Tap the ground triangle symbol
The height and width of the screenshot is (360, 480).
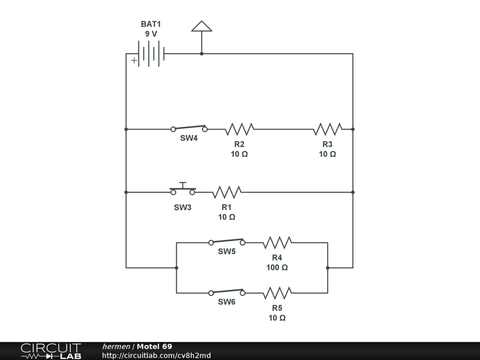pos(202,26)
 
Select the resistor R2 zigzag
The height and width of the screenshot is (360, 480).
pos(239,129)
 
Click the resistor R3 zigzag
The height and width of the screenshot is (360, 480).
pos(328,129)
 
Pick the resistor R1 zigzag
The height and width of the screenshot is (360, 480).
pos(227,192)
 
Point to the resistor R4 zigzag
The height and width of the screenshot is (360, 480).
pos(277,243)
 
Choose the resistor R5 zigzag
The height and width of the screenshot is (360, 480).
pos(277,293)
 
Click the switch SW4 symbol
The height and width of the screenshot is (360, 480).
pos(189,128)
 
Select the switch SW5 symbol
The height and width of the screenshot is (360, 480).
pos(227,242)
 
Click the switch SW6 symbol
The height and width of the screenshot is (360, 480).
pos(227,292)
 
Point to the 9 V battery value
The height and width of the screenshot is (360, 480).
pos(151,34)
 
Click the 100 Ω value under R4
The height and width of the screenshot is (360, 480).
pos(277,268)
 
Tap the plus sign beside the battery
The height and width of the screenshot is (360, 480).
pos(134,60)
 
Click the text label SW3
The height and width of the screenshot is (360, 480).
pos(183,208)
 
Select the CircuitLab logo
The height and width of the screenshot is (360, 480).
pos(51,351)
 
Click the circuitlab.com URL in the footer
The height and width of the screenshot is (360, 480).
pos(156,356)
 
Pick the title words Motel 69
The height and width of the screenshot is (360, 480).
pos(154,347)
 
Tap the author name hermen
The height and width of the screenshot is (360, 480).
pos(116,347)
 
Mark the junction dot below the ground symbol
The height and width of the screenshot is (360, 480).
pos(202,54)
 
